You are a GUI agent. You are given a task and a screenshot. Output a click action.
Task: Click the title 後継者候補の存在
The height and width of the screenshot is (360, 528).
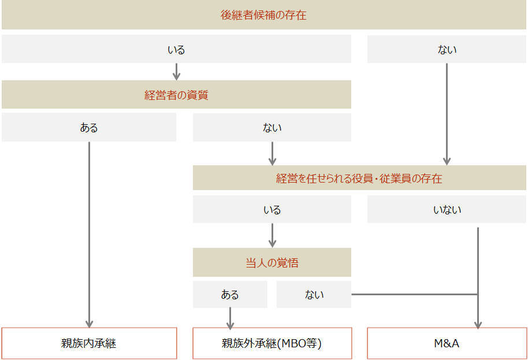coord(263,15)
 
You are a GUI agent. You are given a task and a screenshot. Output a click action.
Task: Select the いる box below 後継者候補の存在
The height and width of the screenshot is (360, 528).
coord(176,49)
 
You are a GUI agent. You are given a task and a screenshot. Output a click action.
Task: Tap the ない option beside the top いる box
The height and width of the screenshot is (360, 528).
coord(447,49)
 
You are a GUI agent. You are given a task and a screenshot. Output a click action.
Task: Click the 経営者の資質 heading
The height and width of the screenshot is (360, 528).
coord(176,95)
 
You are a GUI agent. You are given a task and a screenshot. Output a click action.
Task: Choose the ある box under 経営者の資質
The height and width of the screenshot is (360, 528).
coord(89,127)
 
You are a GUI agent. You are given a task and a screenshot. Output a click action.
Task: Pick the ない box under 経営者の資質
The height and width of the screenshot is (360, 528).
coord(272,127)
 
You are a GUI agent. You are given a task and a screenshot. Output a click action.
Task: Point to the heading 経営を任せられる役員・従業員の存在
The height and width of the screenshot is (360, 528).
coord(360,178)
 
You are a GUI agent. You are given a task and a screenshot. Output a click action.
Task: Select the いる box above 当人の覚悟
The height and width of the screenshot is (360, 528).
coord(272,209)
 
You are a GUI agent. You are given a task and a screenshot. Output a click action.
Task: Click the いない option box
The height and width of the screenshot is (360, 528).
coord(447,209)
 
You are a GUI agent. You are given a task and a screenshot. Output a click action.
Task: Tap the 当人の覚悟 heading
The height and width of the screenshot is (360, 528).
coord(272,262)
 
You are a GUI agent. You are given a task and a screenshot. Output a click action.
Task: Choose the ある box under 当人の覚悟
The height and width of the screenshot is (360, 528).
coord(230,294)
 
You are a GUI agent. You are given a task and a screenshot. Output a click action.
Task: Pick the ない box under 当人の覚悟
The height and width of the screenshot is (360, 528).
coord(314,294)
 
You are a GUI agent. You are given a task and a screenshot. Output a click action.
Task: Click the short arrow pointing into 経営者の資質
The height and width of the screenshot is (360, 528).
coord(176,72)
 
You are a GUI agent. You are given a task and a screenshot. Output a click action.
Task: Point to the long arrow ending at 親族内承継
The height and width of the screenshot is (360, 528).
coord(89,235)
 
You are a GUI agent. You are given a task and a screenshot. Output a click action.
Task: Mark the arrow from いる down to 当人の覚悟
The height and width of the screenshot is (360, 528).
coord(272,235)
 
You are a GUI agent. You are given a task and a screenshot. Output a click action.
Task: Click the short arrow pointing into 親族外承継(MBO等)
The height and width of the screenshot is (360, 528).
coord(230,318)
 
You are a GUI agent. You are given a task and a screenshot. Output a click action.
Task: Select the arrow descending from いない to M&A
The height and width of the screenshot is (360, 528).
coord(478,278)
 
